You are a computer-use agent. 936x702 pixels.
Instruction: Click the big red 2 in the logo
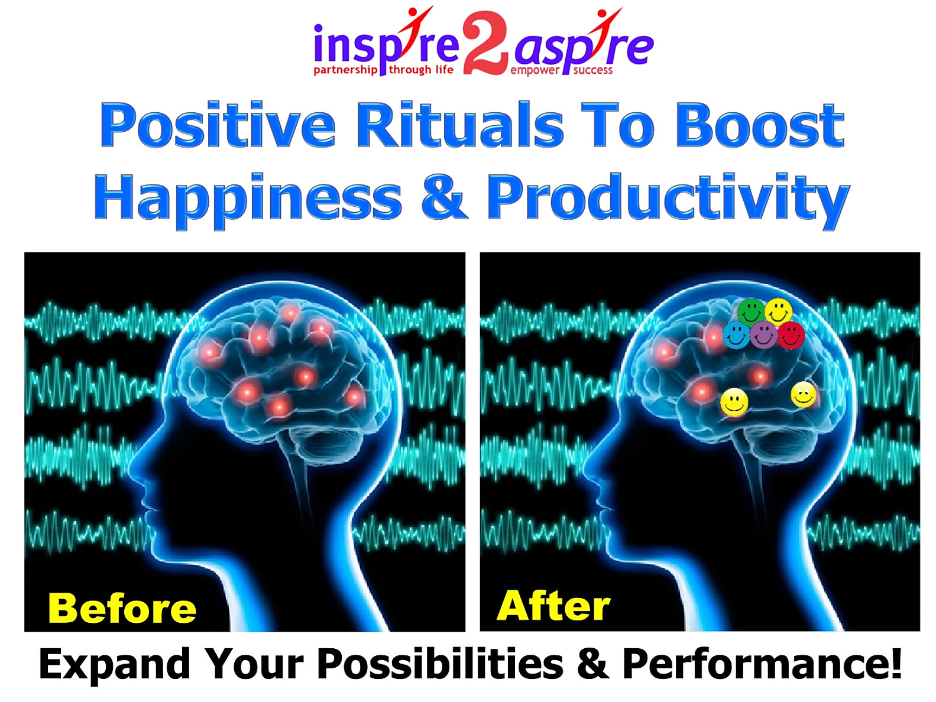(x=485, y=44)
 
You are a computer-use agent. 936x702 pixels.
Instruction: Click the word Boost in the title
(x=759, y=126)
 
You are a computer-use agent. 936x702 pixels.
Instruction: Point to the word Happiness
(x=248, y=201)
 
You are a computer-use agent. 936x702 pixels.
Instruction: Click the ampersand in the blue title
(x=444, y=197)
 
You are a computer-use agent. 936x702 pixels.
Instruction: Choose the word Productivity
(x=668, y=201)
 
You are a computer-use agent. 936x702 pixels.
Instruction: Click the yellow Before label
(x=122, y=608)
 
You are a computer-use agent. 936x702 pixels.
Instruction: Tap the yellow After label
(x=553, y=605)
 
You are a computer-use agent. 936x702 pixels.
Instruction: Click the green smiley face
(x=750, y=312)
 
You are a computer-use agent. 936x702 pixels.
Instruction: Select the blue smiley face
(x=736, y=335)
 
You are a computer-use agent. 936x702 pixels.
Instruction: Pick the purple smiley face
(x=763, y=335)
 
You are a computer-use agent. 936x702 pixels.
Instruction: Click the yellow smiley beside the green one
(x=778, y=312)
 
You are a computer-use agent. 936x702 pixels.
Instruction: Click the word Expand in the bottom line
(x=115, y=665)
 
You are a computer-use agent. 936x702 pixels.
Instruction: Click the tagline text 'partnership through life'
(x=383, y=70)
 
